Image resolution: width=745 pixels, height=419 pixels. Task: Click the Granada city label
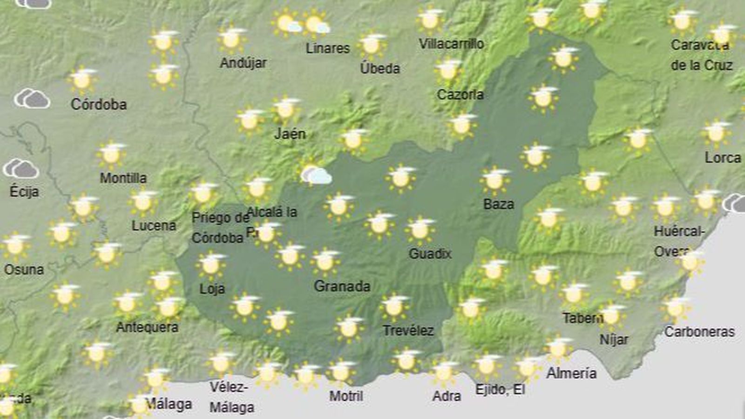click(342, 286)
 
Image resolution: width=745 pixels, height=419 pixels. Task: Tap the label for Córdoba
click(99, 104)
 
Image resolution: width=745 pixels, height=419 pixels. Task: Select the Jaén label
click(290, 134)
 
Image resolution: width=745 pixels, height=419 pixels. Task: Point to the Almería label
click(571, 373)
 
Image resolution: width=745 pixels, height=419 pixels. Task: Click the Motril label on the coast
click(346, 396)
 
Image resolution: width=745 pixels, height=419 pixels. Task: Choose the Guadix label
click(430, 253)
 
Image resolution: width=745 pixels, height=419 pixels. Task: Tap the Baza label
click(499, 204)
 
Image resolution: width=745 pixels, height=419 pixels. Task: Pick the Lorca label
click(723, 158)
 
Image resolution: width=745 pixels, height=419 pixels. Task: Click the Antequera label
click(147, 327)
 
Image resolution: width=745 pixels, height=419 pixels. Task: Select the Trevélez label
click(408, 331)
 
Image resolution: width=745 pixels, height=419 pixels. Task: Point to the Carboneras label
click(699, 332)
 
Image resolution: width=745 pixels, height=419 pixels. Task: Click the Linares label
click(327, 48)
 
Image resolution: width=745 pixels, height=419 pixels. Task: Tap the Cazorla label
click(460, 94)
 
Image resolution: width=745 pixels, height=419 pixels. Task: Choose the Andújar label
click(243, 63)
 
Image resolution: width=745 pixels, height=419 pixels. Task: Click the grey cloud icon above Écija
click(20, 169)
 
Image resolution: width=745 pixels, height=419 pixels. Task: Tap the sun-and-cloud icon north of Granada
click(315, 174)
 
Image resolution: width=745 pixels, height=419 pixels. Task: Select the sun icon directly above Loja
click(211, 265)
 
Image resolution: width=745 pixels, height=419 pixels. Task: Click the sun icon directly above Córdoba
click(82, 80)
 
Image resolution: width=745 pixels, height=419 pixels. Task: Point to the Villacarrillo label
click(451, 44)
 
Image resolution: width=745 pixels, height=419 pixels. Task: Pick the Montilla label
click(123, 178)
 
